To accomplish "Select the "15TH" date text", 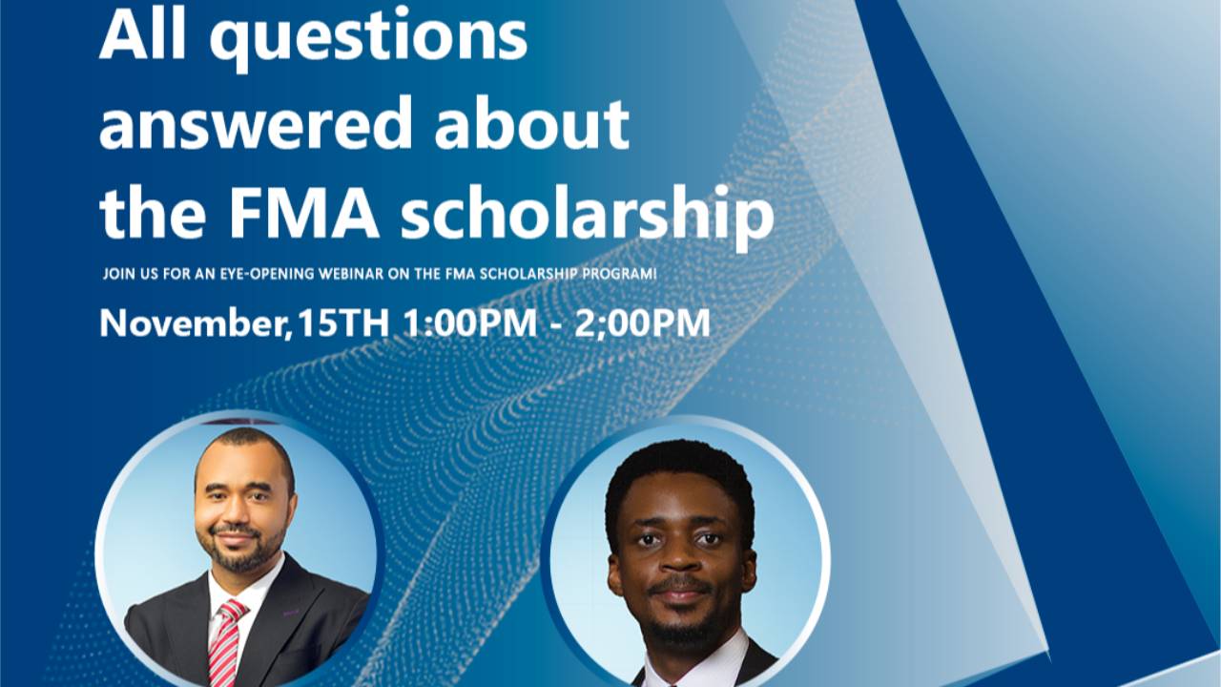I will [342, 323].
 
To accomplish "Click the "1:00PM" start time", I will [469, 323].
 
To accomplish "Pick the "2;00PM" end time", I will [642, 323].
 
